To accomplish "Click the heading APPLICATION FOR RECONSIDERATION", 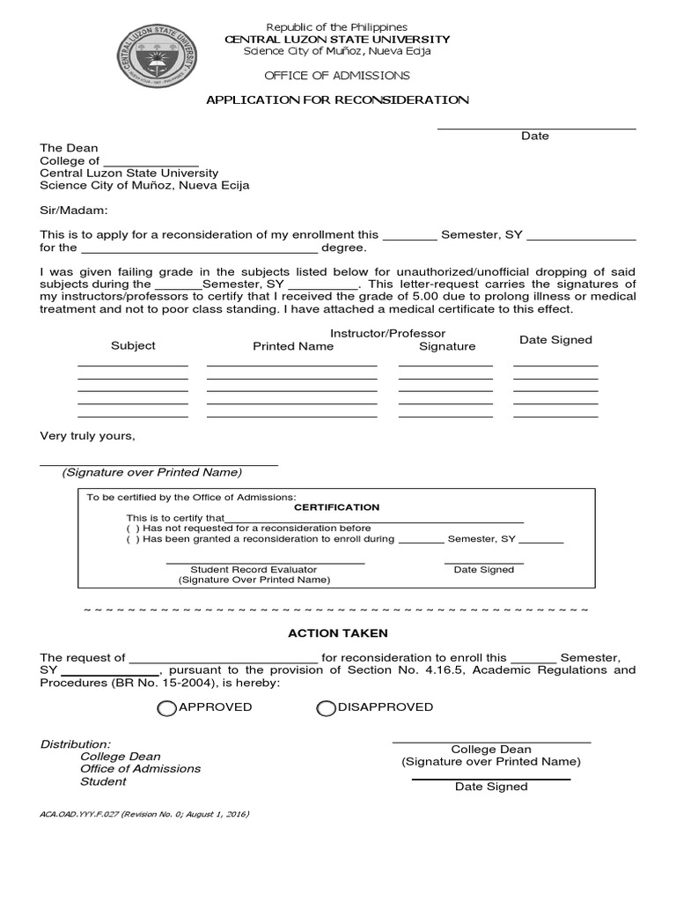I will click(337, 100).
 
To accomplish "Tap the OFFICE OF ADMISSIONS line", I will click(337, 76).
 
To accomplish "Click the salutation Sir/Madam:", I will click(74, 211).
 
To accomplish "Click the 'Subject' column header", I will click(133, 346).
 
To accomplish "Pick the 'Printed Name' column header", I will click(293, 347).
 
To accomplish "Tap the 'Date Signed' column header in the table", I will click(555, 340).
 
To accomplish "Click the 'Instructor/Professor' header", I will click(387, 334).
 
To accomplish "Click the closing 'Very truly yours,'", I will click(88, 436).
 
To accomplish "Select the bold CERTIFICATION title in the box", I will click(336, 507).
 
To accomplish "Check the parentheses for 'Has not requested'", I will click(133, 528).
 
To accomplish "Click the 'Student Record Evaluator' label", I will click(253, 570).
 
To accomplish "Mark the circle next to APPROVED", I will click(166, 708).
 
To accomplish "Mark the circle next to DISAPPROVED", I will click(326, 708).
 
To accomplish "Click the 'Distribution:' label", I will click(76, 744).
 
